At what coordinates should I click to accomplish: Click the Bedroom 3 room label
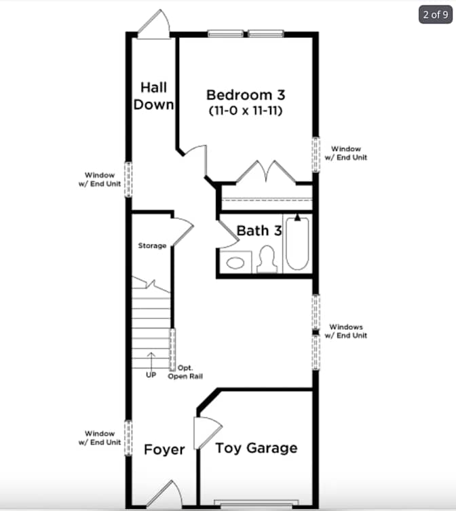click(x=246, y=95)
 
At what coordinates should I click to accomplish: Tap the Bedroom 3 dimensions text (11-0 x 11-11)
click(x=246, y=111)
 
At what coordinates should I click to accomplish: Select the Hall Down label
click(x=153, y=96)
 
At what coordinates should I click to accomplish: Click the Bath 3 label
click(x=259, y=231)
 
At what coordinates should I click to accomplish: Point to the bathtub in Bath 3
click(x=297, y=243)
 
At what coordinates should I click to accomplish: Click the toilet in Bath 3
click(x=267, y=259)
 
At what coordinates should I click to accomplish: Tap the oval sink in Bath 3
click(x=235, y=263)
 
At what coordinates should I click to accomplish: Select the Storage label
click(x=152, y=246)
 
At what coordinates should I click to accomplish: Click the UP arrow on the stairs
click(x=151, y=360)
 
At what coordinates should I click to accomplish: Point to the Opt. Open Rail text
click(x=185, y=372)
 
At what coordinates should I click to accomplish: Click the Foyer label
click(x=164, y=450)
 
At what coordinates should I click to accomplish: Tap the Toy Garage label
click(x=256, y=448)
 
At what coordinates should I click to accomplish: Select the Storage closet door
click(x=183, y=232)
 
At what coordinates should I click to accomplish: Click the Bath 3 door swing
click(x=228, y=234)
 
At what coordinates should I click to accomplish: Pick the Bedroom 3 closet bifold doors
click(x=266, y=172)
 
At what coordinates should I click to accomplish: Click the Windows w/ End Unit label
click(x=346, y=331)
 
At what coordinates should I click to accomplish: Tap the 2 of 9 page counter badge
click(x=436, y=15)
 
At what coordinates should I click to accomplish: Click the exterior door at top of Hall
click(x=153, y=24)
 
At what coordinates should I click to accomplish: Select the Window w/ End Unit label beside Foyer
click(x=100, y=438)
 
